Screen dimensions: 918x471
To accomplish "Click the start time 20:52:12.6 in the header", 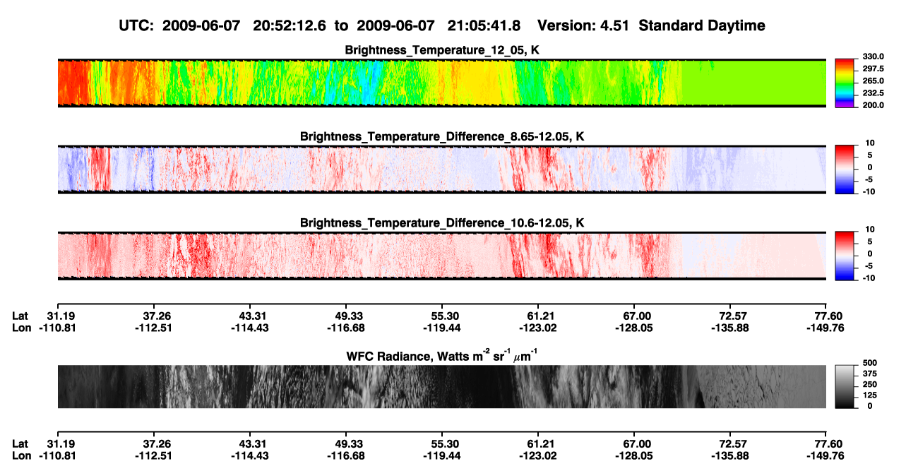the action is pyautogui.click(x=290, y=25).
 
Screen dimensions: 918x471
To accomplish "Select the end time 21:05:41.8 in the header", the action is pyautogui.click(x=484, y=25).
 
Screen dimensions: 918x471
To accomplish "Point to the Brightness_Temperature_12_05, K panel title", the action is pyautogui.click(x=442, y=50).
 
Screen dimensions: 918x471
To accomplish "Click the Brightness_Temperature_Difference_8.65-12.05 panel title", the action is pyautogui.click(x=442, y=136).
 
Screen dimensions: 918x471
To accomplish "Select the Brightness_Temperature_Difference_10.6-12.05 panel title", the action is pyautogui.click(x=442, y=223).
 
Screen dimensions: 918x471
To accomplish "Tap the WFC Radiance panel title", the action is pyautogui.click(x=442, y=355).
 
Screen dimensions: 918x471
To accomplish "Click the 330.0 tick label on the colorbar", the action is pyautogui.click(x=873, y=56).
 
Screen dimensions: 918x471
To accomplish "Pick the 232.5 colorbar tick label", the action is pyautogui.click(x=873, y=93).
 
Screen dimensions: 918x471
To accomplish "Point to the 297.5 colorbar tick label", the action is pyautogui.click(x=873, y=69).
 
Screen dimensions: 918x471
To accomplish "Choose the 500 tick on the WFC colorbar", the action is pyautogui.click(x=870, y=363).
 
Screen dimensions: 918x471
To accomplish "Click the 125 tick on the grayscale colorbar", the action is pyautogui.click(x=870, y=395).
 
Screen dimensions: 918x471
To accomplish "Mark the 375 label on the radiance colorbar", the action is pyautogui.click(x=870, y=374).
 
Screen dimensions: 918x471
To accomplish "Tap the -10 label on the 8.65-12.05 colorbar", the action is pyautogui.click(x=870, y=192).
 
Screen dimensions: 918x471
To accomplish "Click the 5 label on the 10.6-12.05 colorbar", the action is pyautogui.click(x=870, y=242).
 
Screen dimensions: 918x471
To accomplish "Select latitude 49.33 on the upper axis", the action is pyautogui.click(x=349, y=316).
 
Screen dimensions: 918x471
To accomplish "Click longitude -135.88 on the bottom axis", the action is pyautogui.click(x=730, y=455).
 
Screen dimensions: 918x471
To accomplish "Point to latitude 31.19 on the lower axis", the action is pyautogui.click(x=61, y=443).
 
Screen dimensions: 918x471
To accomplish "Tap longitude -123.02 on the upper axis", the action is pyautogui.click(x=537, y=328).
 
